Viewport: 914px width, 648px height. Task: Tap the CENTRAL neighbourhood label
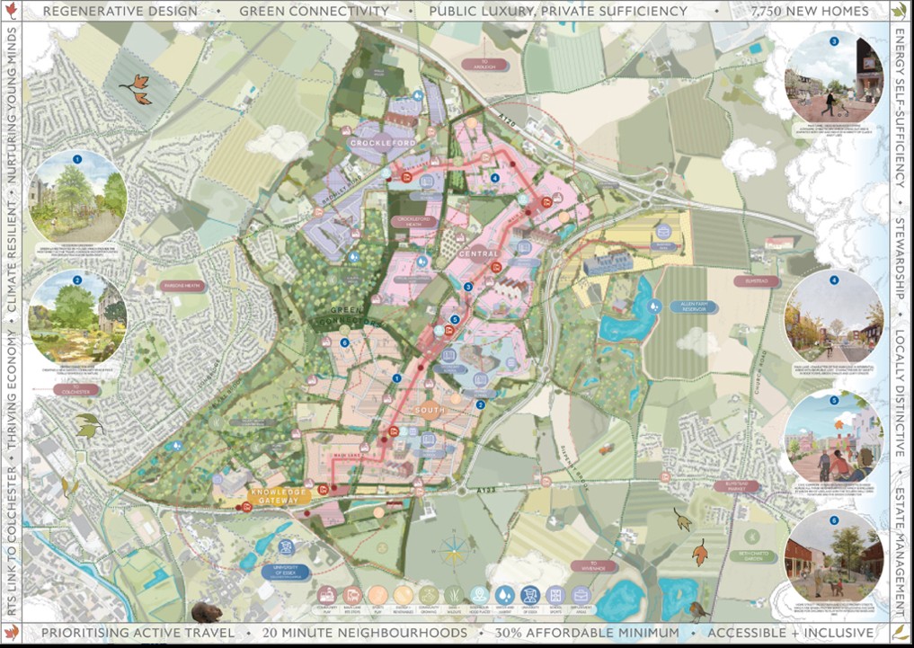477,254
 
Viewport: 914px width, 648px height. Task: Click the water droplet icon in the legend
505,595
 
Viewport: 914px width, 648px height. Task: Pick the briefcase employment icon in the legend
581,595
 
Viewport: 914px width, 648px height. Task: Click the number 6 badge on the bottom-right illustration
833,519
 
